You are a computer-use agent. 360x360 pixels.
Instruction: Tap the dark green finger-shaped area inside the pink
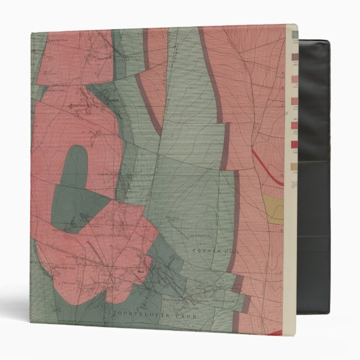point(78,168)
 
